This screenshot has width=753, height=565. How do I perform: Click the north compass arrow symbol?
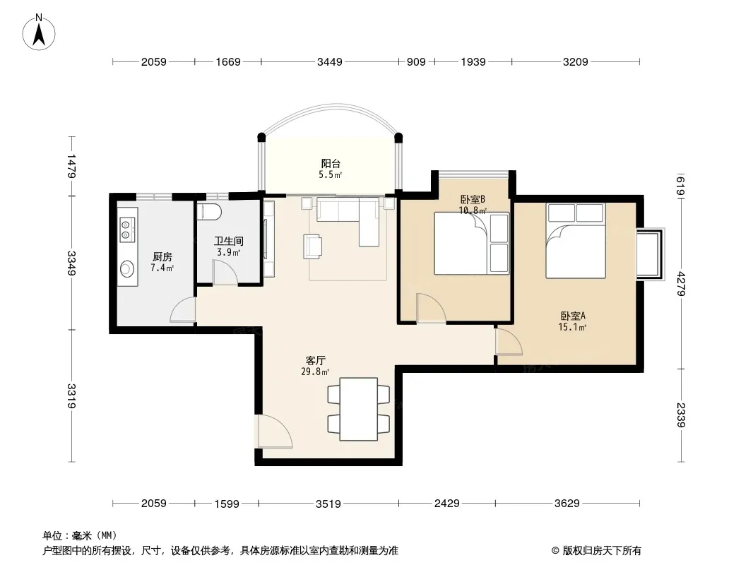point(39,32)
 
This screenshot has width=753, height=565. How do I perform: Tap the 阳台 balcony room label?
point(331,163)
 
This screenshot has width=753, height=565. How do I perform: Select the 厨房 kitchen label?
point(162,257)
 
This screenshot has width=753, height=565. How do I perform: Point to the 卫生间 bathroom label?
point(229,241)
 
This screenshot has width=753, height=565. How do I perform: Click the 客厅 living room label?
point(316,360)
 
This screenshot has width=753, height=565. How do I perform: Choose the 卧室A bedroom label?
point(573,316)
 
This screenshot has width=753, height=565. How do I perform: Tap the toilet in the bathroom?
point(209,212)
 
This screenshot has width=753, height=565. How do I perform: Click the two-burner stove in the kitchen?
point(126,229)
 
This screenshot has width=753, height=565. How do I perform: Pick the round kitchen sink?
point(126,269)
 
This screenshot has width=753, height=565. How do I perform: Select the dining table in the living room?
point(358,409)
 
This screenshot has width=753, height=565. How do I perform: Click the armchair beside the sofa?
point(313,246)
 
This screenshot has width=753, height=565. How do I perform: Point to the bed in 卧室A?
point(575,241)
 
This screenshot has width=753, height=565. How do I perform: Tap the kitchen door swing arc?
point(183,310)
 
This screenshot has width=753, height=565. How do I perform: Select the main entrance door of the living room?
point(274,432)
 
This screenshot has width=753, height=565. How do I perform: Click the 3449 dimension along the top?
point(330,62)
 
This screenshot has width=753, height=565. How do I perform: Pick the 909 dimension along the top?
point(416,62)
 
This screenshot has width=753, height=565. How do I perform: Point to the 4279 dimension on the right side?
point(681,284)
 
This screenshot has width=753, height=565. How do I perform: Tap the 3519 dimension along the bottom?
point(328,504)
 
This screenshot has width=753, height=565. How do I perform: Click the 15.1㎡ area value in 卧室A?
point(572,328)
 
